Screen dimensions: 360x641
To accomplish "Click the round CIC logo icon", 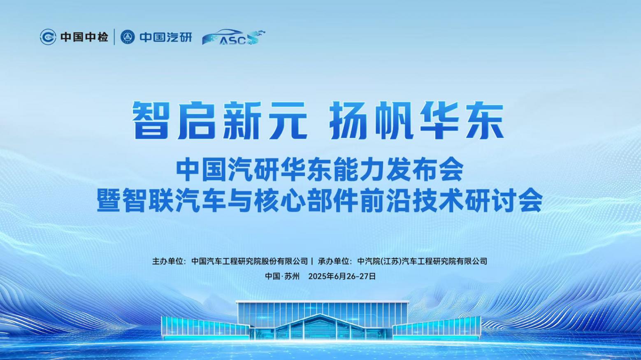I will (48, 37).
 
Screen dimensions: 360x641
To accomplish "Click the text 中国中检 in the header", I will (84, 37).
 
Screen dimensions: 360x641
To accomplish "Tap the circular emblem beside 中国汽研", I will (128, 37).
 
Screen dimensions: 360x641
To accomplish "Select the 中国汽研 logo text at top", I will (166, 37).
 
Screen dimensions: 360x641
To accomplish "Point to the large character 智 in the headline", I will (151, 121).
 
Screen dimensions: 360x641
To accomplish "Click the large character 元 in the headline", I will (286, 121).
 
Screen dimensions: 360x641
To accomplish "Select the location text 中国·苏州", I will (282, 276).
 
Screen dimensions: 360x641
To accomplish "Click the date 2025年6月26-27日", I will (342, 276).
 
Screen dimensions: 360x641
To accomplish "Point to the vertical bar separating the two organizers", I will (312, 261).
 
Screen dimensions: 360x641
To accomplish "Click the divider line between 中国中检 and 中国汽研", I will (114, 37).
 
